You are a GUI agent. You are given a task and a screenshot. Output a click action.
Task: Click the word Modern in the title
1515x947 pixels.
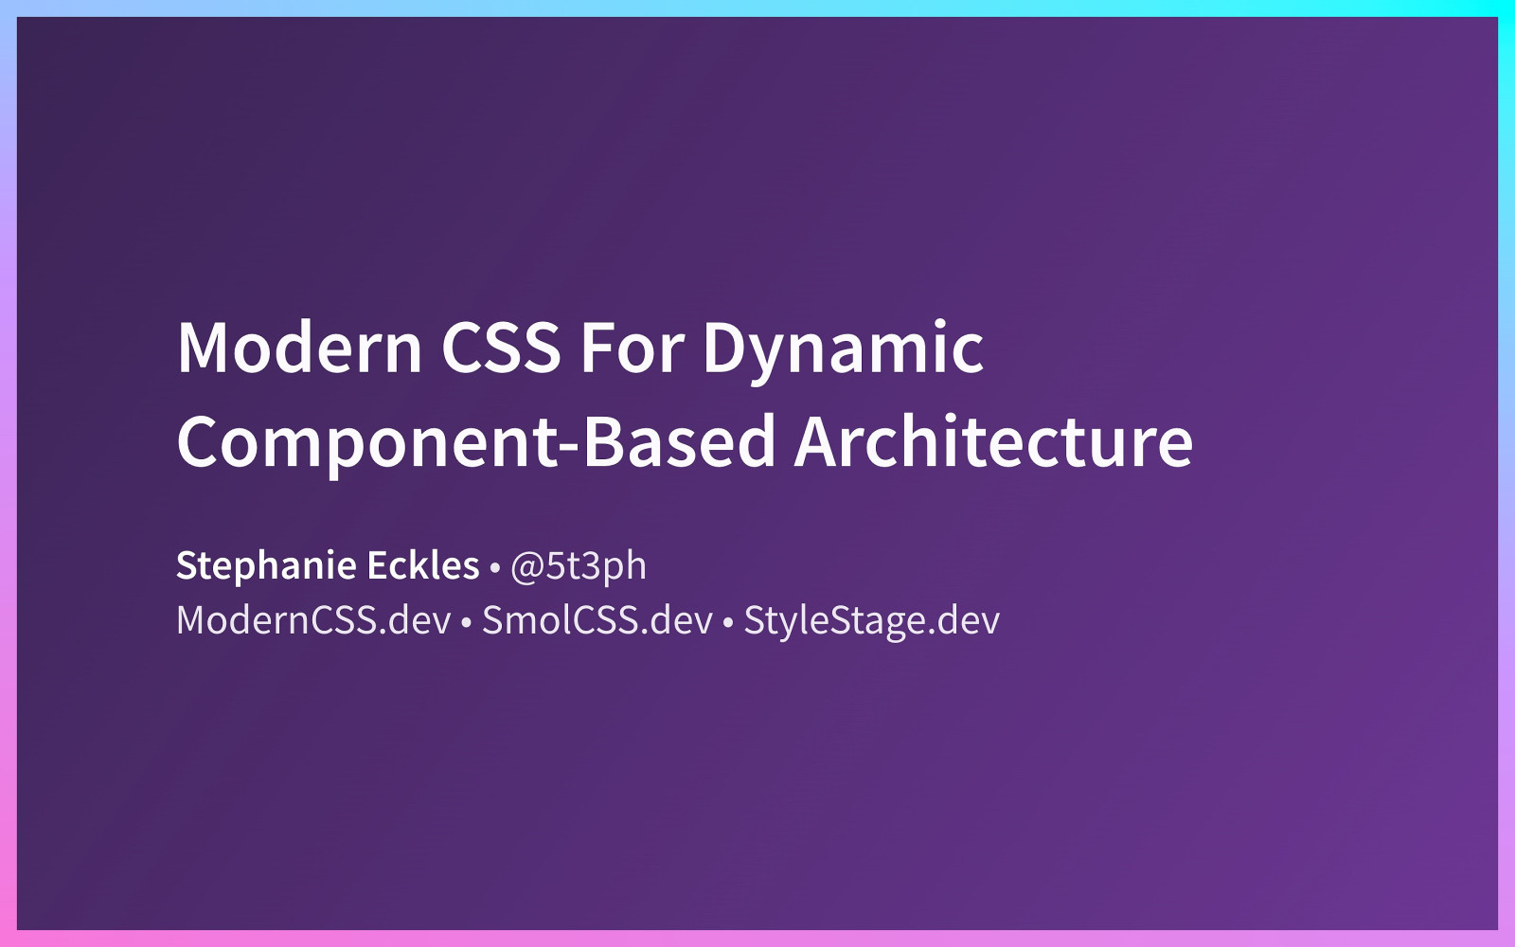click(299, 348)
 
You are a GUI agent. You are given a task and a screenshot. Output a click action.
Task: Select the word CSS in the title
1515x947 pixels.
click(501, 348)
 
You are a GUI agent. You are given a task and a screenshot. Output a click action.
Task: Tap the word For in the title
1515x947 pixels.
click(632, 348)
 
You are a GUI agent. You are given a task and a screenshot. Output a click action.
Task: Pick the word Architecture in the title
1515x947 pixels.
click(993, 442)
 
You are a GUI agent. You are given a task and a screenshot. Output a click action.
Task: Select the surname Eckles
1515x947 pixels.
click(422, 565)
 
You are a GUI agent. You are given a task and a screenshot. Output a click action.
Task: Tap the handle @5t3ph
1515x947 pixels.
click(579, 566)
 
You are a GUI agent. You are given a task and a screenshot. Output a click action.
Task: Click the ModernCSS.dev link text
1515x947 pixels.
click(313, 620)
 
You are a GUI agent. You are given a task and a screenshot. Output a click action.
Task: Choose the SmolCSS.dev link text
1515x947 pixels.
click(597, 620)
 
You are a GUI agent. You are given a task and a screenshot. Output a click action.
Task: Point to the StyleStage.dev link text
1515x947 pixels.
click(871, 621)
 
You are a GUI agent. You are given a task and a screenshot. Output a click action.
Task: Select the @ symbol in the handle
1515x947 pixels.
click(526, 567)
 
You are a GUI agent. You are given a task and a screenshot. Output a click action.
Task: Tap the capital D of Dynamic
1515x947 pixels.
click(723, 348)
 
